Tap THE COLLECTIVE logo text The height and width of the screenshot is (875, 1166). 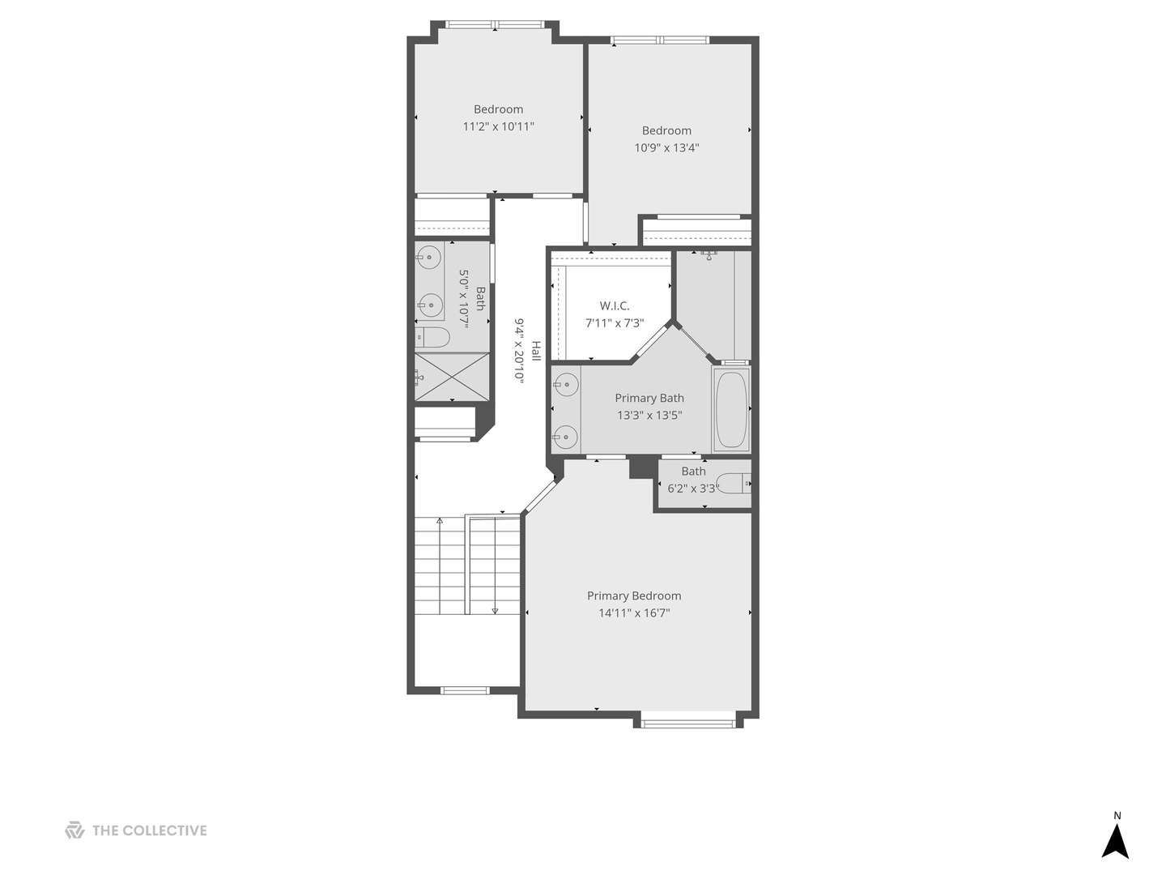[x=149, y=830]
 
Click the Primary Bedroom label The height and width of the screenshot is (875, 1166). [x=634, y=595]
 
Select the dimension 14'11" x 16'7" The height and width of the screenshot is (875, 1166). [x=634, y=613]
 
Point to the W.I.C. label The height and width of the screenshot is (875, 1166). [x=615, y=305]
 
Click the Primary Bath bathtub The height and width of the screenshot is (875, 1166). [x=731, y=409]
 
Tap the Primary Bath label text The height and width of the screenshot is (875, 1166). [x=649, y=398]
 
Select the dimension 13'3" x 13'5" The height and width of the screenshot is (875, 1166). [x=649, y=416]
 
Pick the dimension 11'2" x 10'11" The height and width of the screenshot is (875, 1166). [x=498, y=126]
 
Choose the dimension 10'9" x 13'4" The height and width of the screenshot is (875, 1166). [x=666, y=147]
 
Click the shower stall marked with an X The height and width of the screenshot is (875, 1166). [x=453, y=377]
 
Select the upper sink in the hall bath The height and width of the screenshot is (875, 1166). [x=429, y=258]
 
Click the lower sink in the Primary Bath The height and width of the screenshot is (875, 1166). [x=566, y=437]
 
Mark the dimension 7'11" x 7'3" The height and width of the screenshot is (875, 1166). [x=615, y=323]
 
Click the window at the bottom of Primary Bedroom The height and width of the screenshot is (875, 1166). [x=688, y=720]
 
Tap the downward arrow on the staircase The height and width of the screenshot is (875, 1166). [x=495, y=610]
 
